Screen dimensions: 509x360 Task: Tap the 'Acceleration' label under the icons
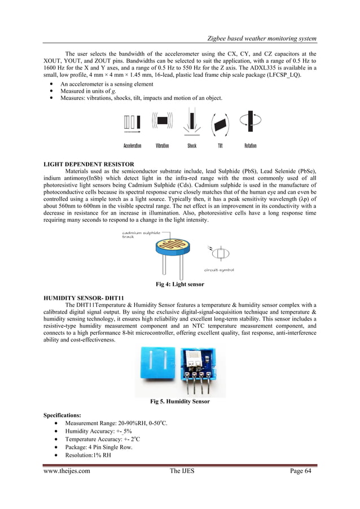[132, 146]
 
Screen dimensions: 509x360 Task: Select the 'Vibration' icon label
[163, 146]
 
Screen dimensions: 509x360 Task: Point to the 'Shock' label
[192, 146]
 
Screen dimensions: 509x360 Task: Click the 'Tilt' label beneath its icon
[220, 146]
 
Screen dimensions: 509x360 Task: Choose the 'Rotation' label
[250, 146]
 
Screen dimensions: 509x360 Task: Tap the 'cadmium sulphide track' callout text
[138, 234]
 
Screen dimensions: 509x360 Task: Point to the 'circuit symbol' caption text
[219, 270]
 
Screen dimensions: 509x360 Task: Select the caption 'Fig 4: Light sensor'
[179, 284]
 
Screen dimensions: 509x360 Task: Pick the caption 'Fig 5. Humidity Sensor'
[179, 402]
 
